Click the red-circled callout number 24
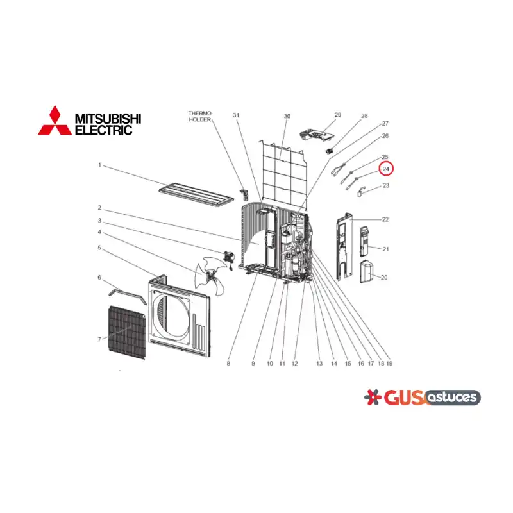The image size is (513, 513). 386,169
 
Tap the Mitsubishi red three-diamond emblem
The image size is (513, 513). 55,121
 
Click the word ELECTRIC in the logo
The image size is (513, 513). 104,130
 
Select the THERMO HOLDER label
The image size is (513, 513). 200,116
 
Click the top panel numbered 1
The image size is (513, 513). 196,195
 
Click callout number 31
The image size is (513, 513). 236,115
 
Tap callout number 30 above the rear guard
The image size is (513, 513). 287,116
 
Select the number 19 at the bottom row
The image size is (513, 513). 389,363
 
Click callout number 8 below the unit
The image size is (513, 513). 228,363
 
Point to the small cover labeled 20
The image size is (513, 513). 366,271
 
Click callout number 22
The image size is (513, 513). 385,219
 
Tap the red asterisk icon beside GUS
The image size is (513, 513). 373,397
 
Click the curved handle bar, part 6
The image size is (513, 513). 128,296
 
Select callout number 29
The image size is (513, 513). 338,115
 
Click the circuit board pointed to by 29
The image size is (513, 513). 317,135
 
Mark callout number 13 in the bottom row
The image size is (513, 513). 319,363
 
